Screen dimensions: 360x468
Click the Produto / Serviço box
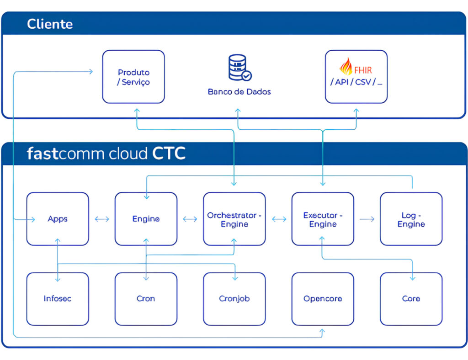(133, 77)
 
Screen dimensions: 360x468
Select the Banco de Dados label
(239, 92)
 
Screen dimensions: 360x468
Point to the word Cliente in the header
(50, 24)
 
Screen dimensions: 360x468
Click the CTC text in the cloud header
(169, 154)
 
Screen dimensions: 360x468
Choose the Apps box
(58, 219)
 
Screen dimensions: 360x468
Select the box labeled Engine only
(146, 219)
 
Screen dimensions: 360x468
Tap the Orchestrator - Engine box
(234, 219)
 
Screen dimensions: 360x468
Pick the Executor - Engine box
(323, 219)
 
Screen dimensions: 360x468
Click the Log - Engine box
(411, 219)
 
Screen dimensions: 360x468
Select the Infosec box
(58, 299)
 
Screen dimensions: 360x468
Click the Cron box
(146, 299)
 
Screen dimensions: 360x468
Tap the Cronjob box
(234, 299)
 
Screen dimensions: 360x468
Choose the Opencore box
(323, 299)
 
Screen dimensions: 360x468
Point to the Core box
(411, 299)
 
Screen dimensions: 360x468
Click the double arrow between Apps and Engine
(102, 219)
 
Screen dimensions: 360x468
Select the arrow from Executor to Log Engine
(367, 219)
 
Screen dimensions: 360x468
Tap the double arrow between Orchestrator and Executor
(279, 219)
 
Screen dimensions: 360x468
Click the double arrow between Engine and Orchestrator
(190, 219)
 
